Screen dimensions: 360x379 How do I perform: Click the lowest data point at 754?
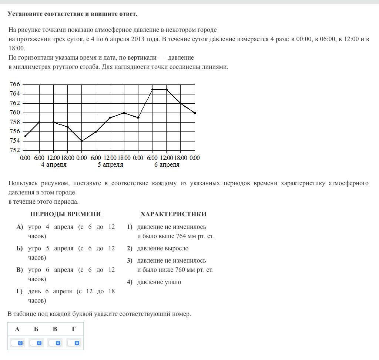pos(82,141)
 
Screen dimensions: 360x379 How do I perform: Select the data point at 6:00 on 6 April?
pos(152,89)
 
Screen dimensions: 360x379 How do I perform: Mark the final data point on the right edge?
pos(195,113)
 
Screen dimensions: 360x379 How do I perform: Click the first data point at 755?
pos(25,136)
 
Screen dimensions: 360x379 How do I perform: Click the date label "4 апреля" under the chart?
pos(54,165)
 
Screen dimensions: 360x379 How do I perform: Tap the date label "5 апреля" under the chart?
pos(110,165)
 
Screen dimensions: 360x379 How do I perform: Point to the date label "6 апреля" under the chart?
pos(167,165)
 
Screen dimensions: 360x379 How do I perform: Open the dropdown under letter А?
pos(17,343)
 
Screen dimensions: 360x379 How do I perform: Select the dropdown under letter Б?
pos(36,343)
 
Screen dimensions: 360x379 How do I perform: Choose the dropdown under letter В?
pos(55,343)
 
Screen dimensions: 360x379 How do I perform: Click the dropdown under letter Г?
pos(74,343)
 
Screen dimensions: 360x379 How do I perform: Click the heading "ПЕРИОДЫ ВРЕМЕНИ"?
pos(66,214)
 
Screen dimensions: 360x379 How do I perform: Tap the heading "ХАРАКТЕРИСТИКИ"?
pos(174,214)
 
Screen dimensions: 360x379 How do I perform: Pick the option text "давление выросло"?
pos(163,248)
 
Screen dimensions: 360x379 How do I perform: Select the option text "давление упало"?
pos(159,282)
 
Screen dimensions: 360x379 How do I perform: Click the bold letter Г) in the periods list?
pos(20,291)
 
